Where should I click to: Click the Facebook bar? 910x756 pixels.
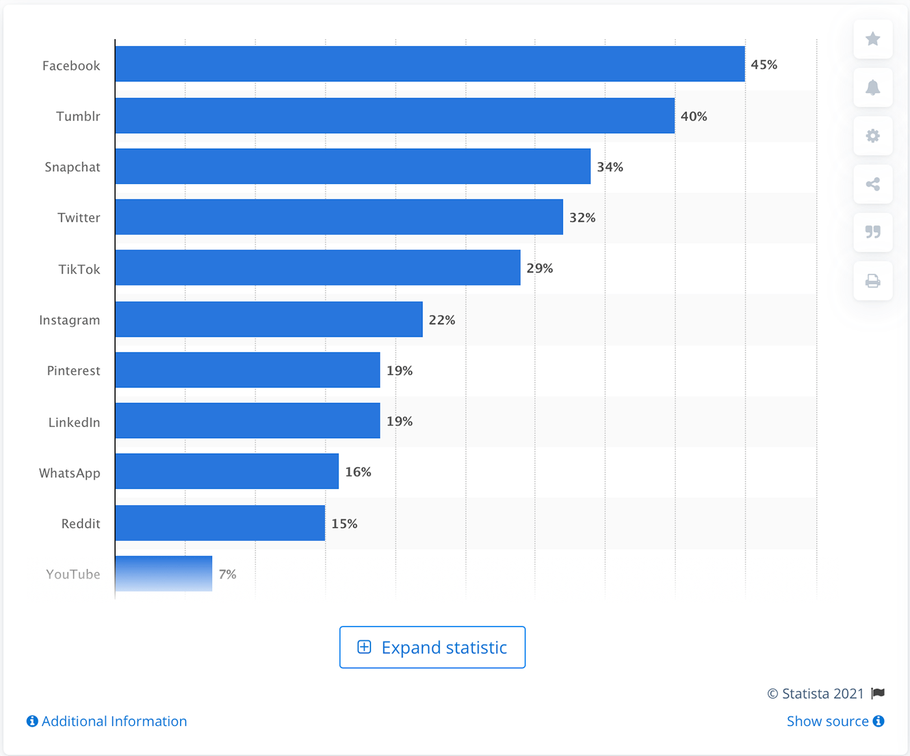tap(430, 64)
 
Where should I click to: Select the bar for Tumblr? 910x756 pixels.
tap(395, 116)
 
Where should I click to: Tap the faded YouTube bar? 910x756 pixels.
tap(164, 573)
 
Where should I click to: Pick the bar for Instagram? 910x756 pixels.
tap(268, 319)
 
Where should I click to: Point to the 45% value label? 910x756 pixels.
tap(764, 64)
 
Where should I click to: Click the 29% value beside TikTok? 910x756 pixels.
tap(539, 268)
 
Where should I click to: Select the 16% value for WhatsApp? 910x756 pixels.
tap(358, 472)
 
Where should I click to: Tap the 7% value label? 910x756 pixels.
tap(227, 574)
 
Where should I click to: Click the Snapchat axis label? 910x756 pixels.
tap(72, 167)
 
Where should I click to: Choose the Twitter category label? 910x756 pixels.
tap(79, 218)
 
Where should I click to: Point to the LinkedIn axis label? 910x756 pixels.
tap(74, 422)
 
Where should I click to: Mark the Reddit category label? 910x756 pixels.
tap(81, 523)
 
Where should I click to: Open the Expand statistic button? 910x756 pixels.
tap(432, 647)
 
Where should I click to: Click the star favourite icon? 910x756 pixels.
tap(873, 39)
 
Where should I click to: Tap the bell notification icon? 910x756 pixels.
tap(873, 88)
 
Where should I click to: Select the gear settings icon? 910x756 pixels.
tap(873, 136)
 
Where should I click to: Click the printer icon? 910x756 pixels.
tap(873, 281)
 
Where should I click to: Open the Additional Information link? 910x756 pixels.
tap(107, 721)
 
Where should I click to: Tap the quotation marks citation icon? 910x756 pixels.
tap(873, 232)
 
